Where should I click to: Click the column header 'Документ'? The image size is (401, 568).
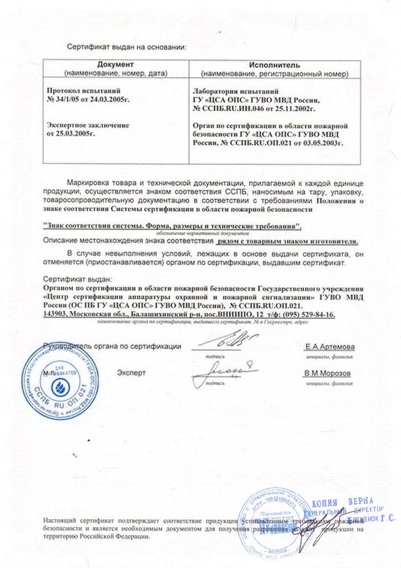pos(115,65)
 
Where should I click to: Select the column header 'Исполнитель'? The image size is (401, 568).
pos(274,65)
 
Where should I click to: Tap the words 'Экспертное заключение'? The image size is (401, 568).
pos(88,125)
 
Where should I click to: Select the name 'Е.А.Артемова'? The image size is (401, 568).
pos(330,347)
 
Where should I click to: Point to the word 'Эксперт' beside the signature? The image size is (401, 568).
pos(131,373)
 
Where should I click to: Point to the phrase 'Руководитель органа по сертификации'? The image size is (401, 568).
pos(112,347)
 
